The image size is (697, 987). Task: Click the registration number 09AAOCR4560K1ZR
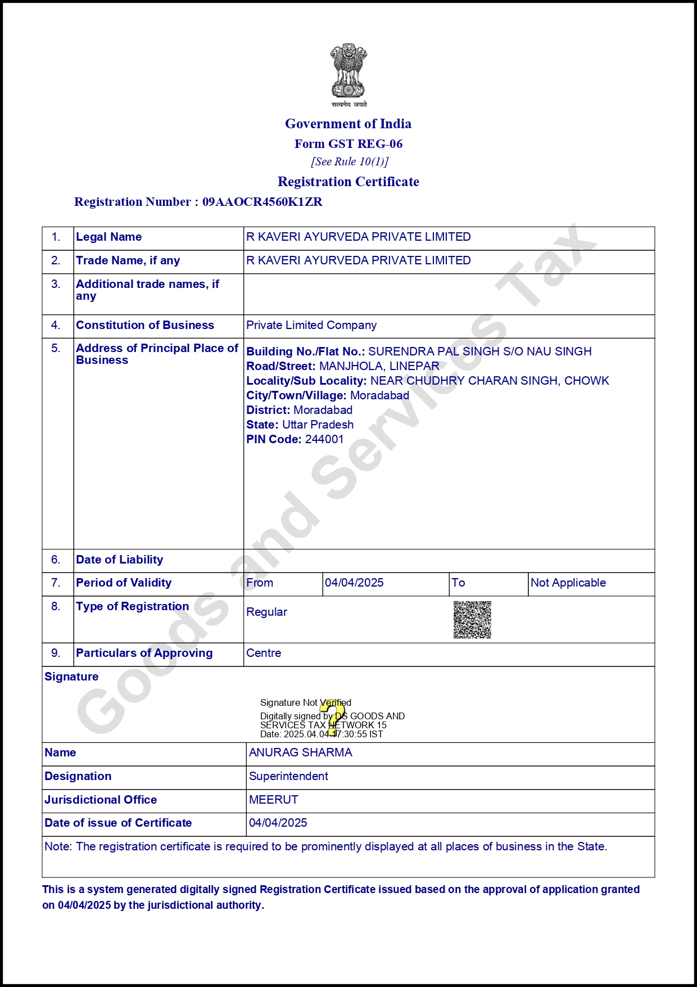[262, 202]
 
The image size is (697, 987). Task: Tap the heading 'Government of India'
[348, 124]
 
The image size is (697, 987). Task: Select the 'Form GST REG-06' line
[348, 144]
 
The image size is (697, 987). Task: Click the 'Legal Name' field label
[108, 237]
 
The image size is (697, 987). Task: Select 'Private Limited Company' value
[311, 325]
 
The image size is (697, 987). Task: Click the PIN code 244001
[324, 439]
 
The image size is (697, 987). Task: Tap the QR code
[472, 620]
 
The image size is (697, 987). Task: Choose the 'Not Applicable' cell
[568, 583]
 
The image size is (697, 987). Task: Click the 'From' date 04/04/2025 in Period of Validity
[354, 583]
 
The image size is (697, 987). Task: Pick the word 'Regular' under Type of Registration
[266, 612]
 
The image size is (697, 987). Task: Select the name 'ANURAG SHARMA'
[300, 752]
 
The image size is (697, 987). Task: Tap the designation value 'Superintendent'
[288, 776]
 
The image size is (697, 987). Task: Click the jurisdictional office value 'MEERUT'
[273, 800]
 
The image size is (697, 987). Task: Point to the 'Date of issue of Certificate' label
[118, 823]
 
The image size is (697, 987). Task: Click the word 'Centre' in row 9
[264, 653]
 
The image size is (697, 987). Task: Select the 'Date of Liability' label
[119, 560]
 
